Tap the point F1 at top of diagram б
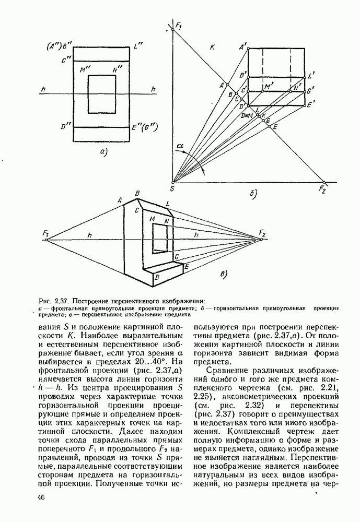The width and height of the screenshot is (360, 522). [x=172, y=30]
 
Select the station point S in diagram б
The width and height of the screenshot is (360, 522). [x=172, y=182]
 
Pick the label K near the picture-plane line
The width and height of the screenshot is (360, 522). [x=212, y=48]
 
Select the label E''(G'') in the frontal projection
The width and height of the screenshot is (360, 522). [x=146, y=127]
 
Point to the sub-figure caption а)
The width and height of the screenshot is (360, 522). [x=102, y=152]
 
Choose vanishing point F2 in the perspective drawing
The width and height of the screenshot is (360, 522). [x=262, y=239]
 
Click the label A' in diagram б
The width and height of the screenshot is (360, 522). [x=242, y=48]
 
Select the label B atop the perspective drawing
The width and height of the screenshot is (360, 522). [x=137, y=194]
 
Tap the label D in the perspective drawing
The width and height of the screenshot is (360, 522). [x=156, y=278]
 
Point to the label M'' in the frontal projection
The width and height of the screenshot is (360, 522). [x=82, y=69]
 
